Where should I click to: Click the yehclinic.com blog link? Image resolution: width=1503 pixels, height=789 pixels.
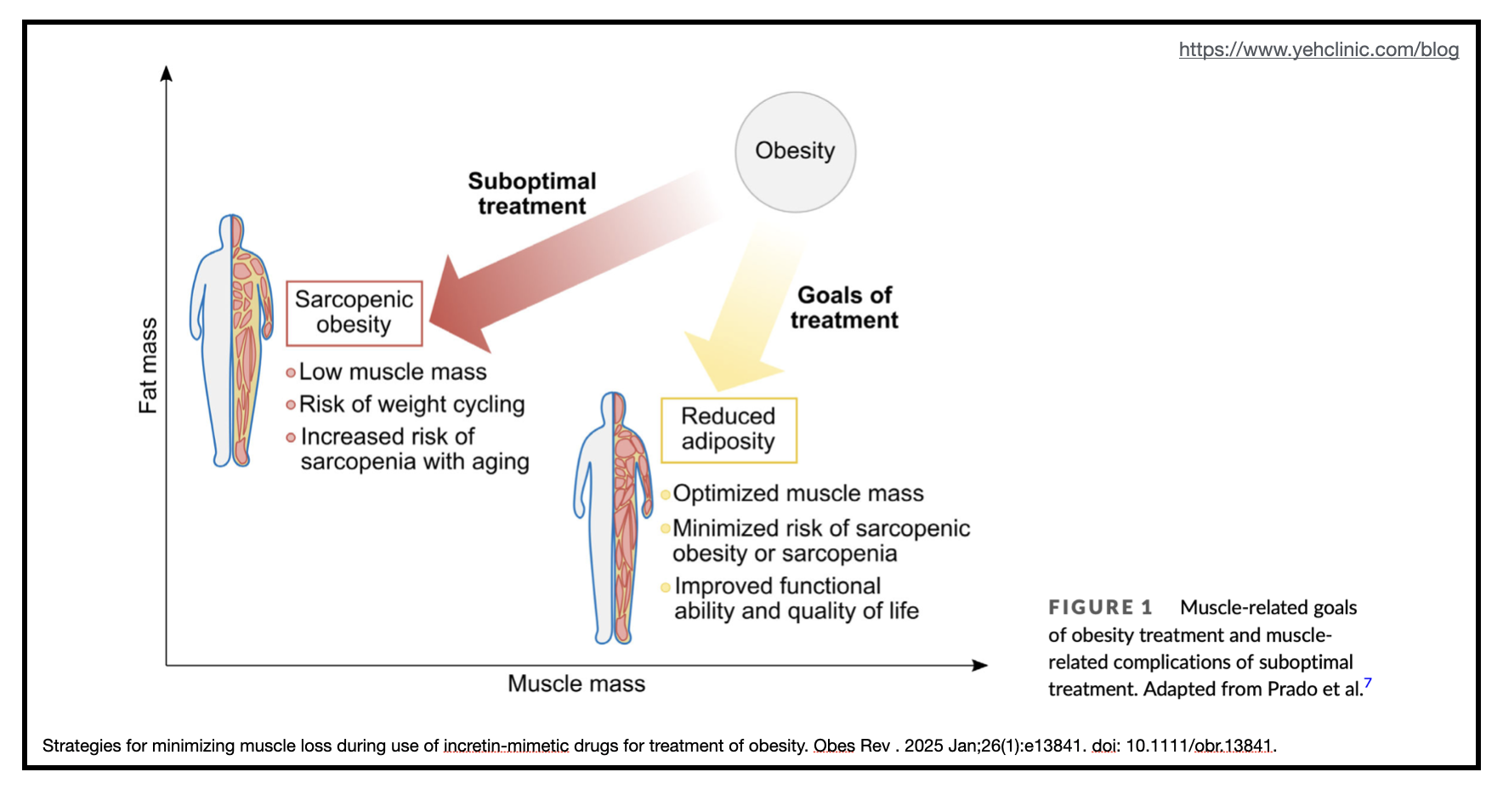[x=1319, y=49]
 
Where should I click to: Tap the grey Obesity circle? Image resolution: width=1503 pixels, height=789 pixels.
[x=795, y=152]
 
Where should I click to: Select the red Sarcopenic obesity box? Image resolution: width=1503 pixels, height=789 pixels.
[x=354, y=313]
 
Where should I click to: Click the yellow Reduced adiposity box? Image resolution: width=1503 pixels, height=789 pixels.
[x=729, y=429]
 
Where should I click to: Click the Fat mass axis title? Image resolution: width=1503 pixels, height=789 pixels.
[x=148, y=366]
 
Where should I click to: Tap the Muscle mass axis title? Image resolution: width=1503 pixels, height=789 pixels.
[x=576, y=684]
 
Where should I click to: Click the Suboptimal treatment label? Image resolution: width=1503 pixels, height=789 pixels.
[x=532, y=194]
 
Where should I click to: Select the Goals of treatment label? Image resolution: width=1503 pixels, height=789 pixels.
[x=844, y=308]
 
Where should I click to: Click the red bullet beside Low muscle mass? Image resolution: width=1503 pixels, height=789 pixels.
[x=291, y=372]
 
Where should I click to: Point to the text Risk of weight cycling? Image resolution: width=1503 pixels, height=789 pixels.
[x=411, y=405]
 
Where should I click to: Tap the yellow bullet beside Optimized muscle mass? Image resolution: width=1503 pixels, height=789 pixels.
[x=666, y=495]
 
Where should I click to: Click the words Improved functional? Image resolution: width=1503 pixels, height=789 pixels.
[x=777, y=586]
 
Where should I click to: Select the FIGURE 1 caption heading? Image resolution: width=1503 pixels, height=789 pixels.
[x=1100, y=607]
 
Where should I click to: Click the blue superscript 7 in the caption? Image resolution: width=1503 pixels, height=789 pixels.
[x=1368, y=683]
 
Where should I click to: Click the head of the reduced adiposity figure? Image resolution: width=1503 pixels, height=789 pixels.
[x=613, y=407]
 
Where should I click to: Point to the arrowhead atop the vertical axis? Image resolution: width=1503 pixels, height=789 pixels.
[x=167, y=73]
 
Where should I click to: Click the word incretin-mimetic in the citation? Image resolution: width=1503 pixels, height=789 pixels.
[x=506, y=746]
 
